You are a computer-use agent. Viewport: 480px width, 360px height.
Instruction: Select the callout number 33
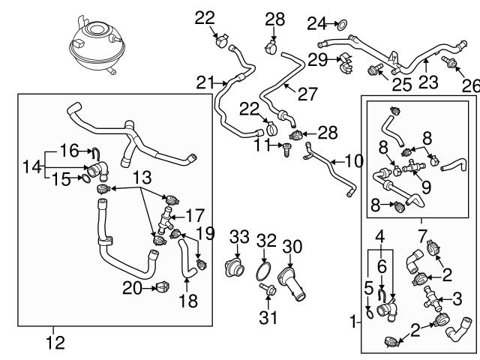pos(238,237)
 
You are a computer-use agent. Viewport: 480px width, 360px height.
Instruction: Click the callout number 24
pos(316,22)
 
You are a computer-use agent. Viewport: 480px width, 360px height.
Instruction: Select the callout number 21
pos(205,82)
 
